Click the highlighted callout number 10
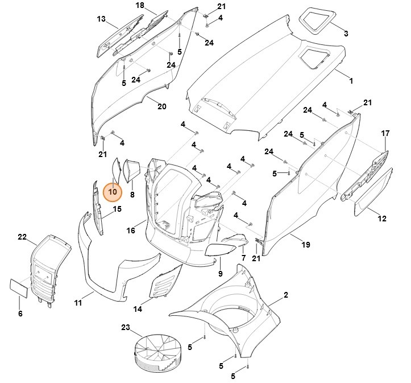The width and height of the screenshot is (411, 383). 113,192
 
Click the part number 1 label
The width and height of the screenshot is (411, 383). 351,81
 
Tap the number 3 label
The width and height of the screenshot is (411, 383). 346,34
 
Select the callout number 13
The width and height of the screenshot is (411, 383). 101,19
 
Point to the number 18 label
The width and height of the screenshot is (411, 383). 140,5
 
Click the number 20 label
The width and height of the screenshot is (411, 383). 161,106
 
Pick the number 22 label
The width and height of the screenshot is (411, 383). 22,237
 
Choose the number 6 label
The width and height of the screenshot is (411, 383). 20,314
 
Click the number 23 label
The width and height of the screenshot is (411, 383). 126,327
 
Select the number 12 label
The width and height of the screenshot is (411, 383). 382,219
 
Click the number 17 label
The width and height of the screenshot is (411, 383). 385,133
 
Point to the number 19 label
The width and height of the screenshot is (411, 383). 306,245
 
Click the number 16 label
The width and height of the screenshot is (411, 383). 131,230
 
